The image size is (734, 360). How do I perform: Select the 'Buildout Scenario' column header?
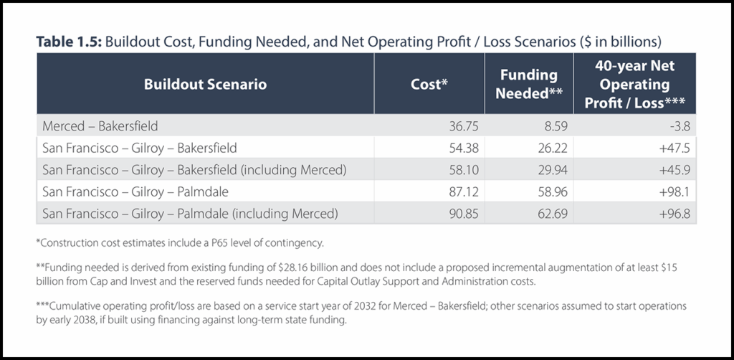click(x=205, y=84)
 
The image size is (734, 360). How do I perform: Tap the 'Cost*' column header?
click(x=429, y=84)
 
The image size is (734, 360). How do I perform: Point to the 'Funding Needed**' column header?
click(x=528, y=84)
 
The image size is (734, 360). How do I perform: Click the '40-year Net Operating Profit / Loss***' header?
click(x=634, y=84)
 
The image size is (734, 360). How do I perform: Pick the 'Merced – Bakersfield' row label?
click(x=100, y=126)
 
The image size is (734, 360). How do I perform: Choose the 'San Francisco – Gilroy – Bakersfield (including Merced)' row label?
click(x=194, y=170)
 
